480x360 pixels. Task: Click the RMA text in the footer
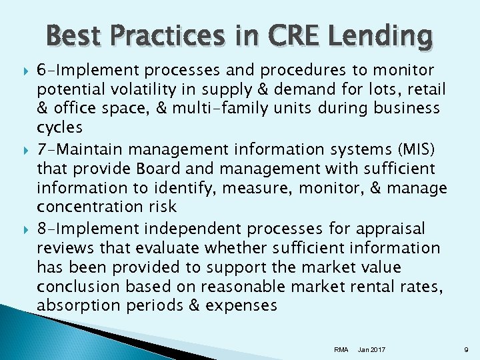point(341,348)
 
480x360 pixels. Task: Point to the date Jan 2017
point(371,348)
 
